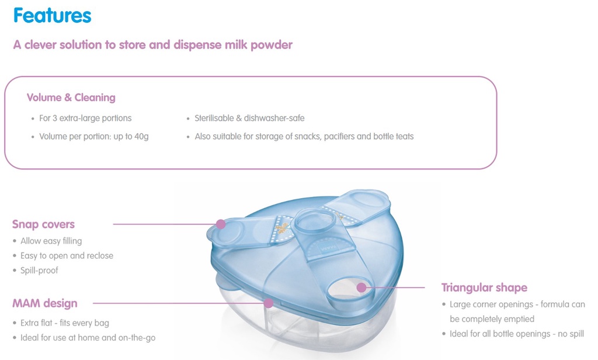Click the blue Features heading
[52, 16]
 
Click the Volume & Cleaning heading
[71, 98]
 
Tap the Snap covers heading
[43, 224]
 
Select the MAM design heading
[45, 303]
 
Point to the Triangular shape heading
[484, 288]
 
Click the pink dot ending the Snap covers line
[220, 224]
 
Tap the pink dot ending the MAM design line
[269, 303]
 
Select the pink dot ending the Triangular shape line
[361, 287]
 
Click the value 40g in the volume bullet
[140, 137]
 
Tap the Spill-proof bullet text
[39, 271]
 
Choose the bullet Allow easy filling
[51, 241]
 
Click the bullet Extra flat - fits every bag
[64, 323]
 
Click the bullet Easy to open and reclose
[67, 255]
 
